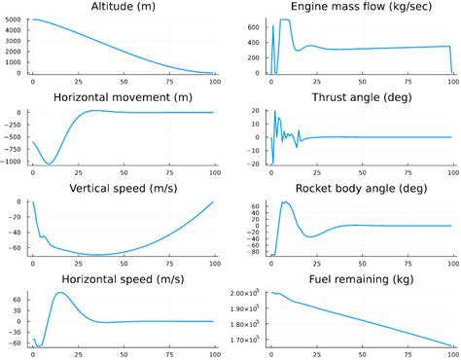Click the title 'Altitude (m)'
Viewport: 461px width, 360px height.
[x=124, y=7]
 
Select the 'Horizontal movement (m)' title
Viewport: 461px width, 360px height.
[x=124, y=97]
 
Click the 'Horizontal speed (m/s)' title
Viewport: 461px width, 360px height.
[x=124, y=279]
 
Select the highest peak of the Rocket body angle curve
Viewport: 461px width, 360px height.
[x=285, y=202]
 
